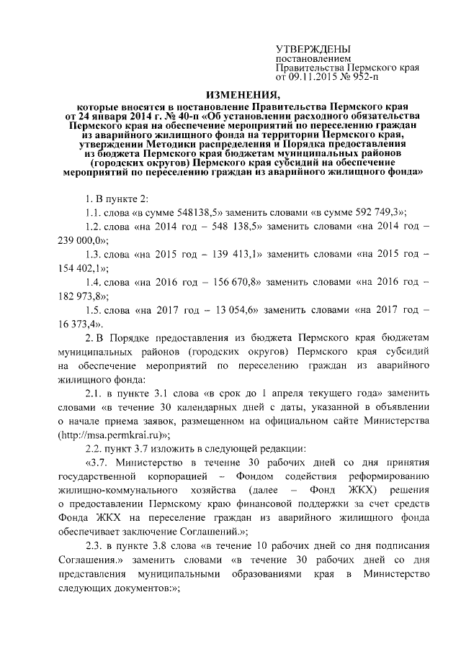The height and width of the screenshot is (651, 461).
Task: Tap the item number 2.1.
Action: [x=95, y=393]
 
